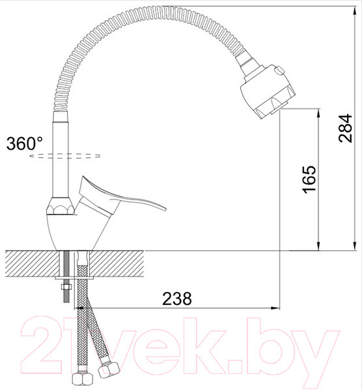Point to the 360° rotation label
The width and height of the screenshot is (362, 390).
[x=24, y=144]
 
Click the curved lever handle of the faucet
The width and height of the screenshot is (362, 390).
[x=124, y=195]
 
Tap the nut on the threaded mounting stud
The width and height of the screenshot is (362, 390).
[x=66, y=286]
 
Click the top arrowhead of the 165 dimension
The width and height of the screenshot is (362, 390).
[x=318, y=112]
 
